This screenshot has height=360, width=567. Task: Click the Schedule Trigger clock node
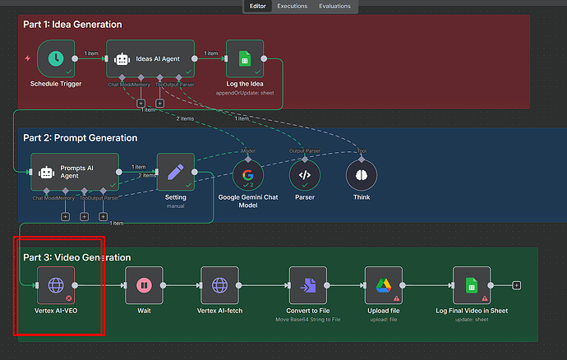[x=56, y=58]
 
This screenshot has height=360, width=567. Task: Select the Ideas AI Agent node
[x=150, y=58]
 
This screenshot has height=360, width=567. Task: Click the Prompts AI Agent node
[x=75, y=173]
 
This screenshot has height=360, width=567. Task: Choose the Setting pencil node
[x=175, y=173]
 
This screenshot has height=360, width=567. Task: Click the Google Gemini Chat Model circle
[x=247, y=174]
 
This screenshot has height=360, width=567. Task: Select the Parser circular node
[x=304, y=174]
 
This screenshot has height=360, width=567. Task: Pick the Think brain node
[x=361, y=174]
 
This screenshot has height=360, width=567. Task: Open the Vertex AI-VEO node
[x=56, y=285]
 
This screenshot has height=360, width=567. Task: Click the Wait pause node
[x=144, y=285]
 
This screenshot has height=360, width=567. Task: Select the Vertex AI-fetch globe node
[x=219, y=285]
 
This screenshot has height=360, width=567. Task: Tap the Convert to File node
[x=308, y=285]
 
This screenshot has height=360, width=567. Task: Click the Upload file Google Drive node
[x=384, y=285]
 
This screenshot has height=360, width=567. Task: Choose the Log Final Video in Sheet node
[x=472, y=285]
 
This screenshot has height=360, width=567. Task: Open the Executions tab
[x=293, y=6]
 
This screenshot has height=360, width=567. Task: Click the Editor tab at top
[x=258, y=6]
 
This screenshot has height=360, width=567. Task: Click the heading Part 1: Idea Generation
[x=72, y=25]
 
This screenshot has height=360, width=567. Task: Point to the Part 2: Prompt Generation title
[x=80, y=137]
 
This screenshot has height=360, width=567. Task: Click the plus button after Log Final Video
[x=516, y=285]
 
